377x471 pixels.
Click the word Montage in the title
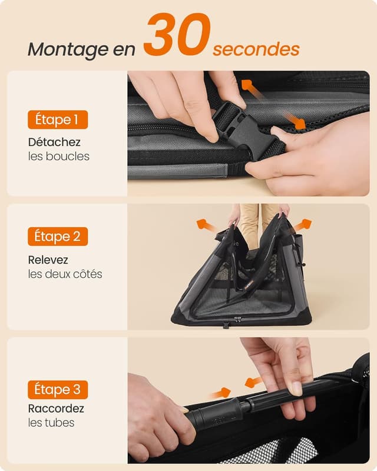pos(65,50)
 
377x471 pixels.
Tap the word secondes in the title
pos(256,49)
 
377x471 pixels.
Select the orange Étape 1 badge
pos(58,120)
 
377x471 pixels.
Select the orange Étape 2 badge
pos(58,237)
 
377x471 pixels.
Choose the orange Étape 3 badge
pos(58,389)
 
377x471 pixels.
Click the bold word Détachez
pos(54,142)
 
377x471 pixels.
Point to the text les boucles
pos(58,157)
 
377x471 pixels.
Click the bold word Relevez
pos(48,260)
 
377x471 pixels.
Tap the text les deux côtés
pos(65,274)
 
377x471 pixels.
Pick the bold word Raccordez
pos(56,409)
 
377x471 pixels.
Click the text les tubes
pos(51,423)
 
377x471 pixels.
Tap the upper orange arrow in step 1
pos(252,89)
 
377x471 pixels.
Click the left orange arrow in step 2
pos(206,225)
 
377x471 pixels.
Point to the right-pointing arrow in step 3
pos(221,393)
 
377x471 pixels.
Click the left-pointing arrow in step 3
pos(253,382)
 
